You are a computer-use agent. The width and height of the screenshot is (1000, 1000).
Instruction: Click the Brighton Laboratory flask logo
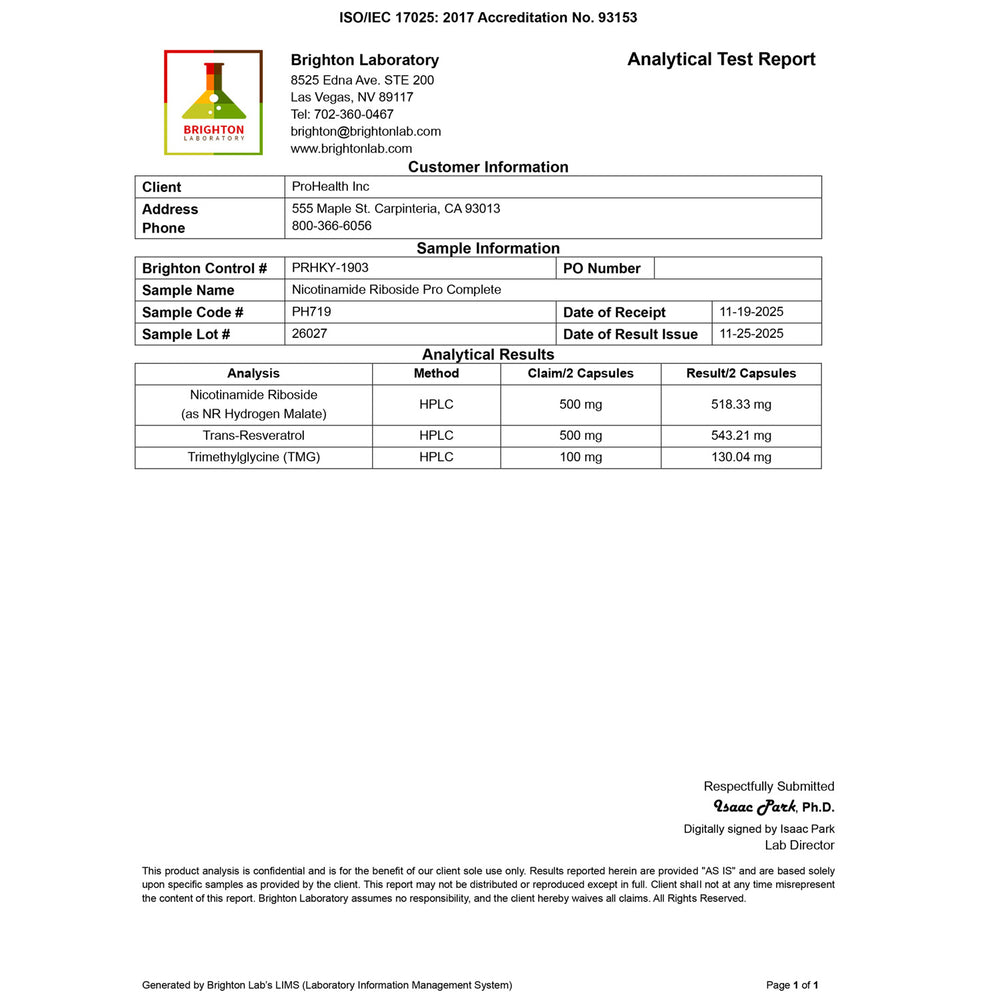pos(213,102)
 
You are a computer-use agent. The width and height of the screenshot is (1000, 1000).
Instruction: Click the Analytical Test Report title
pos(721,59)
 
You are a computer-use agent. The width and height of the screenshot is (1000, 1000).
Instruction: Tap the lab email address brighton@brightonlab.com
pos(365,131)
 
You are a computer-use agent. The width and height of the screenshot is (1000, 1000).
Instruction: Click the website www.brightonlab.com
pos(351,148)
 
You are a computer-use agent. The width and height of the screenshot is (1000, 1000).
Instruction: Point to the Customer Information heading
pos(488,167)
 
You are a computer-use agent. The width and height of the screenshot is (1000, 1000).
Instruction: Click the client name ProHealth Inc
pos(330,187)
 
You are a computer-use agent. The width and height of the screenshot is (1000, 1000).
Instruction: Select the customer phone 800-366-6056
pos(331,226)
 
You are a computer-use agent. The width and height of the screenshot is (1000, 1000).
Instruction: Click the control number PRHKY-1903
pos(330,268)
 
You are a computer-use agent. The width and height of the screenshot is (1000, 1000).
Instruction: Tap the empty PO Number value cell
pos(737,268)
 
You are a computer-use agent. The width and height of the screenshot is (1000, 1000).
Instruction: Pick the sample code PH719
pos(311,312)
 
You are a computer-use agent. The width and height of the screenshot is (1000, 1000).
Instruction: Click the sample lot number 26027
pos(309,334)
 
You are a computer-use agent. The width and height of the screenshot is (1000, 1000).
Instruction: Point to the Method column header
pos(436,373)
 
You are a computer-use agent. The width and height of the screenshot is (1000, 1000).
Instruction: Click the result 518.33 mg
pos(741,405)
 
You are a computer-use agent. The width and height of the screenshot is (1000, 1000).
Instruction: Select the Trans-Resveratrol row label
pos(253,436)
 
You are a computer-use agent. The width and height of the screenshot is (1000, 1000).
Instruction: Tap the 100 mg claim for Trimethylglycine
pos(580,457)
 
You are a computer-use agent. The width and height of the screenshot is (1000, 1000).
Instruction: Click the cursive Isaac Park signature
pos(755,807)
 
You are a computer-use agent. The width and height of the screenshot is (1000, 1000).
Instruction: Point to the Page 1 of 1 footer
pos(792,985)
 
